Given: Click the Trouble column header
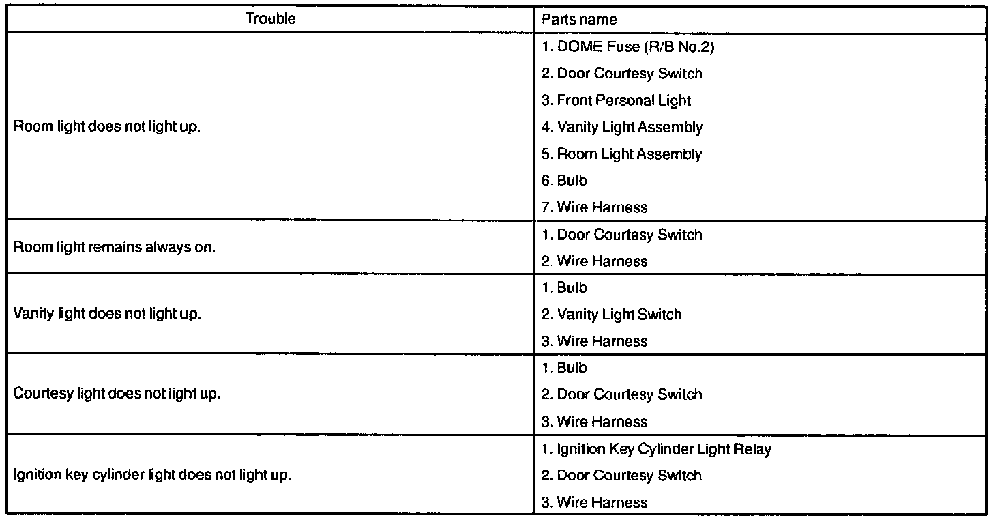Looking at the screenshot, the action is point(270,19).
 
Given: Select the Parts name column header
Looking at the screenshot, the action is point(579,20).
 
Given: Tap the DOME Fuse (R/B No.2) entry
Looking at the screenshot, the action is point(627,47).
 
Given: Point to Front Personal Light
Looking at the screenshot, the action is point(616,100).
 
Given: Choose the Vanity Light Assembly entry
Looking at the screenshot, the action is point(622,127).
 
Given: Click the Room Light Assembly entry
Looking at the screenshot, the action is point(621,154).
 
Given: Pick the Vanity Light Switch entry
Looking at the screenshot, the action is point(612,315).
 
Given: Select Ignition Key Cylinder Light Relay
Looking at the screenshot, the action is point(656,449).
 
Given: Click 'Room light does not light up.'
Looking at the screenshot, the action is point(107,128).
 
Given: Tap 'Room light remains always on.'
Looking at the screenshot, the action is point(114,247).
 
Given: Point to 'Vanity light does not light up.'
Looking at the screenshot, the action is point(107,315).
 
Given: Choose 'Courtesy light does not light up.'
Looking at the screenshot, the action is point(117,394).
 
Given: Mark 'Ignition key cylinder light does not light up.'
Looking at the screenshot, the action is point(152,475).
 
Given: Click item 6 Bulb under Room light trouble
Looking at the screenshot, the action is point(564,181).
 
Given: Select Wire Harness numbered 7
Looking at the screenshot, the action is point(594,207).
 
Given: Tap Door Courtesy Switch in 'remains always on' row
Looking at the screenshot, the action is point(621,235).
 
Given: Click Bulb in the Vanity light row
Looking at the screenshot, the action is point(564,288).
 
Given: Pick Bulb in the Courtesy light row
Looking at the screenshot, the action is point(564,368).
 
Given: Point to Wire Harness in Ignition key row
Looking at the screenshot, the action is point(594,503).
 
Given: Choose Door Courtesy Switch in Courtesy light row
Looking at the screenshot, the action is point(621,394).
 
